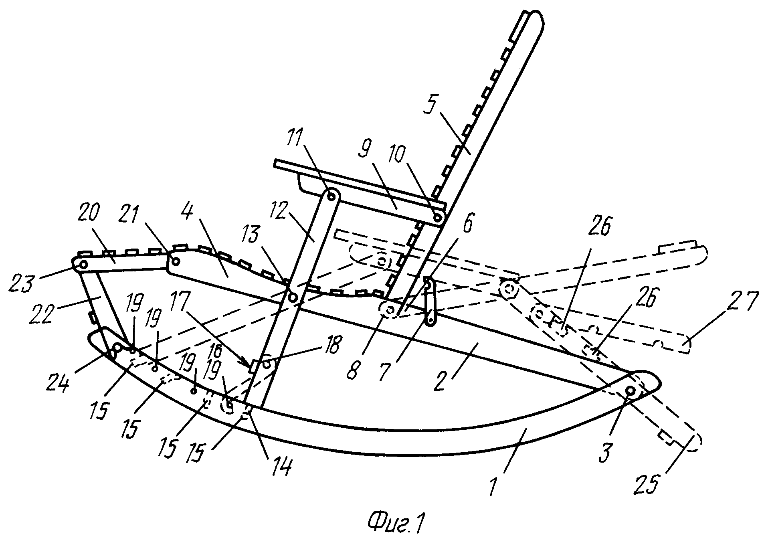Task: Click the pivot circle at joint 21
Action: [176, 262]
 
